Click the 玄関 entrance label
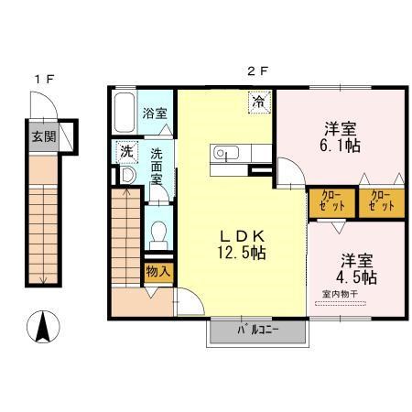point(44,136)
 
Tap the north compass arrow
point(43,326)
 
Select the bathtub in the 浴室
point(125,112)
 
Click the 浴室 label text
point(155,114)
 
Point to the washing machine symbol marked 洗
point(127,151)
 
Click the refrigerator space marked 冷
point(259,102)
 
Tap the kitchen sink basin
point(226,152)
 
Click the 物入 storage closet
point(158,271)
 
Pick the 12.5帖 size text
point(242,253)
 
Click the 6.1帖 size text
point(340,146)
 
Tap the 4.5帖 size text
point(356,277)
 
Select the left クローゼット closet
point(332,202)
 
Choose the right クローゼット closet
point(382,202)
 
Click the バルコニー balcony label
point(258,330)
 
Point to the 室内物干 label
point(340,294)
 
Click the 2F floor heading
point(257,71)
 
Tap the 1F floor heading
point(45,80)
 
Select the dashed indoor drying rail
point(341,303)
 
